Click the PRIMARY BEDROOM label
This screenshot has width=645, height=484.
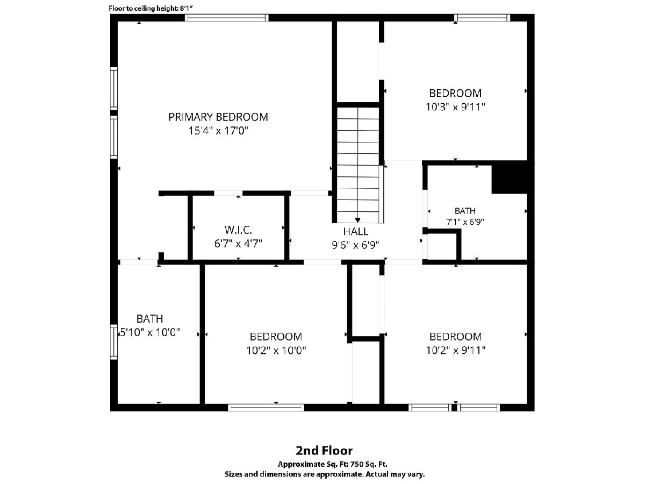[218, 117]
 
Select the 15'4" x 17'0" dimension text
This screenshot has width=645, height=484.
[218, 131]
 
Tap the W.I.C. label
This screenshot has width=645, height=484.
[238, 230]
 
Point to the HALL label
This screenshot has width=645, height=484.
[356, 232]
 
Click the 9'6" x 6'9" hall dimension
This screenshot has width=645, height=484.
[356, 245]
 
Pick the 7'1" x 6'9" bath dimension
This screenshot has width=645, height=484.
[465, 222]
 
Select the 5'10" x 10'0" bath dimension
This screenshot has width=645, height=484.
[150, 332]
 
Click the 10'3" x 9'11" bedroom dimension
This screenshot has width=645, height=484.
[455, 106]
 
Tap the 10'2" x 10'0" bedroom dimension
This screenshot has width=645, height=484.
[276, 350]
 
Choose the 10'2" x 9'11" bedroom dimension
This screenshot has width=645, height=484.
[455, 350]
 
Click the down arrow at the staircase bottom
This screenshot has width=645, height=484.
[357, 220]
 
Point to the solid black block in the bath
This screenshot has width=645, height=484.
[509, 177]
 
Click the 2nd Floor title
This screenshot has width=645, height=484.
[324, 451]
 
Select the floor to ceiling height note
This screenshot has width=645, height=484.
[150, 8]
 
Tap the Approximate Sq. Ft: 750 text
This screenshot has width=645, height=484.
[332, 464]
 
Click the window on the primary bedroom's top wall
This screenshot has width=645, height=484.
[227, 18]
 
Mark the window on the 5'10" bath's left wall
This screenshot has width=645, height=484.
[114, 342]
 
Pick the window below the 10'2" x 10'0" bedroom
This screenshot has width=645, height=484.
[266, 407]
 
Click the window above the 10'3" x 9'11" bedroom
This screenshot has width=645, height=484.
[482, 18]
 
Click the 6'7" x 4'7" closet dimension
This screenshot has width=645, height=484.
[238, 243]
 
